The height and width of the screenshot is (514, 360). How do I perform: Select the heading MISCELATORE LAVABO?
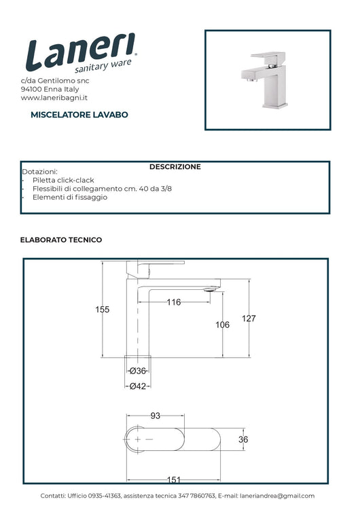[x=79, y=115]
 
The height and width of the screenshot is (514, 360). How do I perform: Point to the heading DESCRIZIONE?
[x=175, y=166]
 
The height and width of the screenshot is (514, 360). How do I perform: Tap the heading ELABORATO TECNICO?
[x=61, y=240]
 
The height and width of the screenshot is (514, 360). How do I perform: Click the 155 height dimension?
[x=102, y=310]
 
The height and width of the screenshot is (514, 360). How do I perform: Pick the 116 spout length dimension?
[x=174, y=302]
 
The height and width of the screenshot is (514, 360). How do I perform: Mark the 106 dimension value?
[x=222, y=325]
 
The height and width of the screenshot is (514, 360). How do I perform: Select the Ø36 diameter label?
[x=138, y=371]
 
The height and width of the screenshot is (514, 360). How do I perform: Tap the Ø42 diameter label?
[x=138, y=386]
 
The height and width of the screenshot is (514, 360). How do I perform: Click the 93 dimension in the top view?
[x=155, y=416]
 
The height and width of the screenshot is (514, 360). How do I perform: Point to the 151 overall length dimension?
[x=174, y=479]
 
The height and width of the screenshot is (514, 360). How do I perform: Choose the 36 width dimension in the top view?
[x=243, y=440]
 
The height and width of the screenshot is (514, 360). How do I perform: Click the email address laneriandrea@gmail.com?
[x=277, y=496]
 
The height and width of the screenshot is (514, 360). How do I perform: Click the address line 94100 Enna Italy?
[x=50, y=89]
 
